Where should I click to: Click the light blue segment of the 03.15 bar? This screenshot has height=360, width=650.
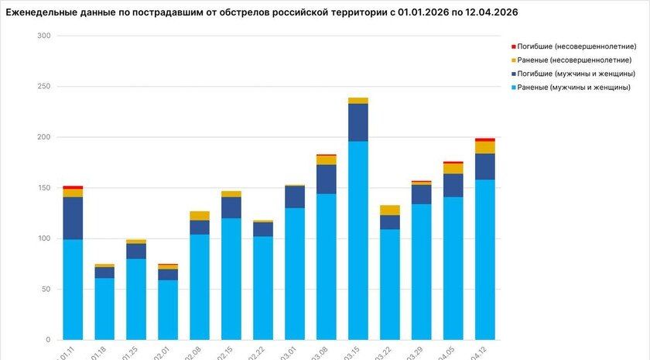coord(357,240)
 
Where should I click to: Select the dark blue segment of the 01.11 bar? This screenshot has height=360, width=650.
coord(73,218)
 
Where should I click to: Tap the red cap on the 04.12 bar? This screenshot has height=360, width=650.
coord(485,140)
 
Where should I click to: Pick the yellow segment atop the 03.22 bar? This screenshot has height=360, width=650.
coord(389,210)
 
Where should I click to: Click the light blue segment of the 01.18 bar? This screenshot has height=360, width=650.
coord(104,308)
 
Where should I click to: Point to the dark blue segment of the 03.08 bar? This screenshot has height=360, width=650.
coord(326,179)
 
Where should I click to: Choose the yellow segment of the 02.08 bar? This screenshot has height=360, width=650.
coord(199,216)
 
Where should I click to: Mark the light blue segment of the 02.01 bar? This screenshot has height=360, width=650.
coord(168,310)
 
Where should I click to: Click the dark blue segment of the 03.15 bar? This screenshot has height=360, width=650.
coord(357,122)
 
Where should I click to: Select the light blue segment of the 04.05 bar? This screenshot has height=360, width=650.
coord(453,268)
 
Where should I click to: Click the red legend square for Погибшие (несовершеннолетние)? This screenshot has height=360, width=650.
coord(513,46)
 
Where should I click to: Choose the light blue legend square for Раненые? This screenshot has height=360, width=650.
coord(513,87)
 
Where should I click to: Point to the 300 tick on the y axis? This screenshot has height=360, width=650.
coord(43,36)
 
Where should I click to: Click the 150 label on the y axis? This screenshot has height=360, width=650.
coord(43,188)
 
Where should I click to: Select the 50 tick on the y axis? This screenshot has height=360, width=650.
coord(46,290)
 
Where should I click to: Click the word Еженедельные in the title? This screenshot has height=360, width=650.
coord(46,12)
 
